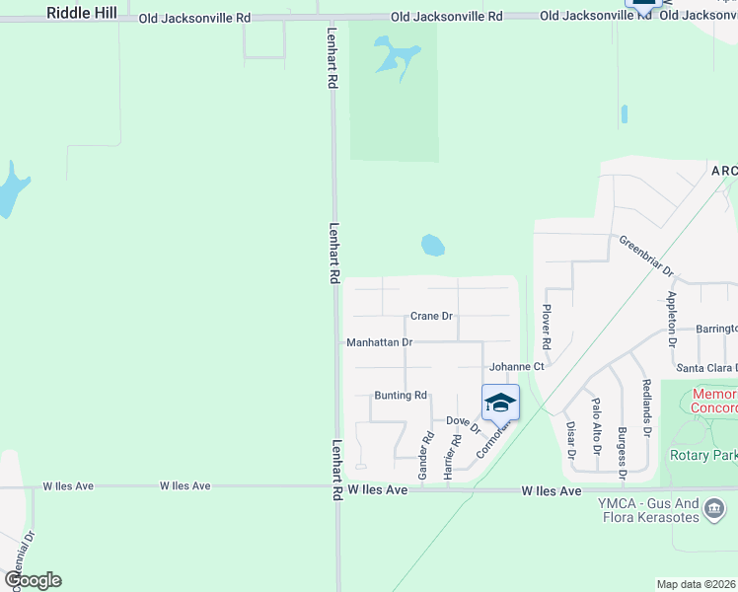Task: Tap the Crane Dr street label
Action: point(431,317)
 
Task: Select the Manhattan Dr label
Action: point(379,342)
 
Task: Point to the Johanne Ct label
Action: point(517,366)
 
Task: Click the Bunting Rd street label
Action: point(400,395)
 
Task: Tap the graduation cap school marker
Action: point(500,403)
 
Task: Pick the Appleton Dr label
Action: point(672,318)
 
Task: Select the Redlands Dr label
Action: point(647,407)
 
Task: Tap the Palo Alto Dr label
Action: point(596,425)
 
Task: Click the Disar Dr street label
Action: point(570,441)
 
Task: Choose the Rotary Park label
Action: point(702,455)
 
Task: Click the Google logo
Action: point(33,580)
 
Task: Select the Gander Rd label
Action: point(426,458)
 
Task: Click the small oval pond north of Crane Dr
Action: point(432,245)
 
